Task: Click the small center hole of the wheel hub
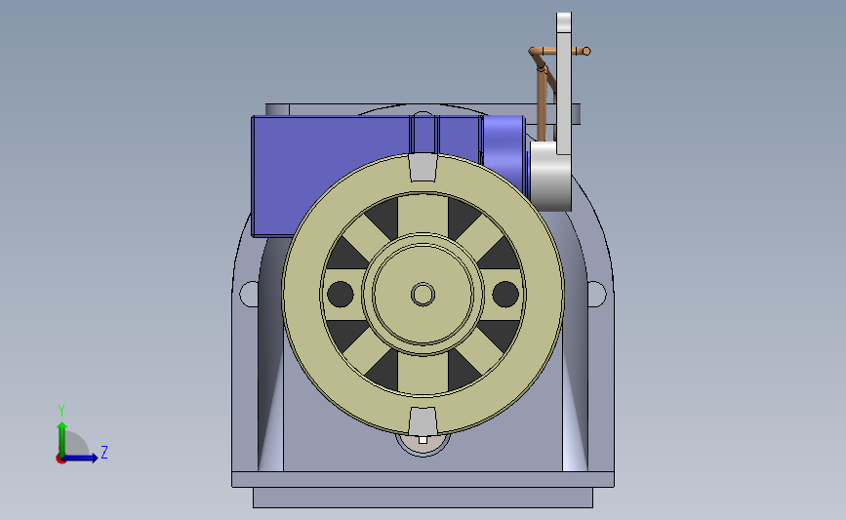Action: (x=423, y=295)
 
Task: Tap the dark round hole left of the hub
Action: (x=341, y=294)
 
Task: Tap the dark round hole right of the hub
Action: (x=505, y=294)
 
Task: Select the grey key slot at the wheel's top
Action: (x=423, y=167)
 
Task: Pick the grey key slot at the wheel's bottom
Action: (x=423, y=421)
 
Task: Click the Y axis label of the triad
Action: (x=61, y=411)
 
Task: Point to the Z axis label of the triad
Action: (x=104, y=452)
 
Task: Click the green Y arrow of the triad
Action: (x=62, y=439)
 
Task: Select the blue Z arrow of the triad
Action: (x=79, y=458)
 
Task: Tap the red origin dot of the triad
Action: (x=60, y=460)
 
